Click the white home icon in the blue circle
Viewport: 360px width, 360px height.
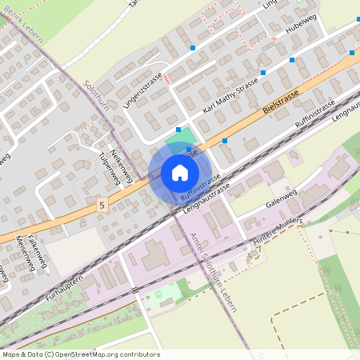point(180,173)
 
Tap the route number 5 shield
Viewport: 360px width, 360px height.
point(102,206)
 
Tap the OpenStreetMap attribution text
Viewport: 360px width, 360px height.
point(81,354)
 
